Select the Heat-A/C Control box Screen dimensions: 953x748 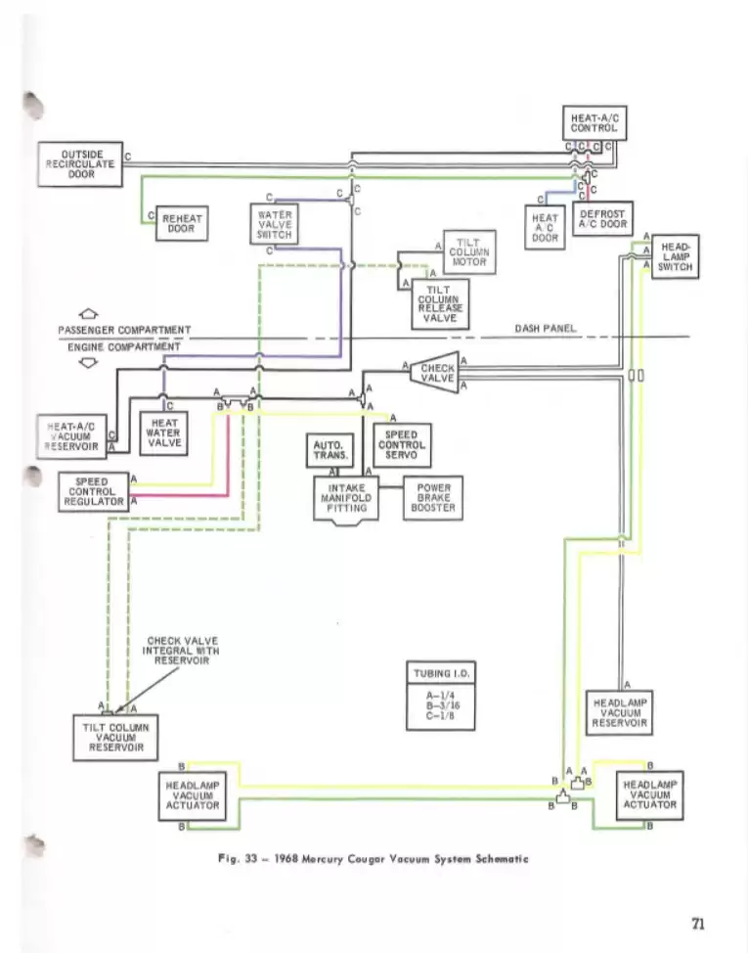pos(594,123)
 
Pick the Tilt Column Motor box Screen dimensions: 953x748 pos(470,252)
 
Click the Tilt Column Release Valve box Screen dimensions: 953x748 pos(439,303)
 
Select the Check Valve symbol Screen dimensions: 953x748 pos(433,373)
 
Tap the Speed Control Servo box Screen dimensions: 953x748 pos(401,445)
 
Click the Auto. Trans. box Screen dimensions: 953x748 pos(326,450)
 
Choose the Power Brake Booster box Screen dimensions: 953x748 pos(433,497)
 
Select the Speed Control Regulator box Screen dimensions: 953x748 pos(93,492)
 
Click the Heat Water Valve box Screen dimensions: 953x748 pos(162,430)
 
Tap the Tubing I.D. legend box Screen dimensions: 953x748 pos(441,696)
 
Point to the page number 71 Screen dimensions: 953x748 pos(696,923)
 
